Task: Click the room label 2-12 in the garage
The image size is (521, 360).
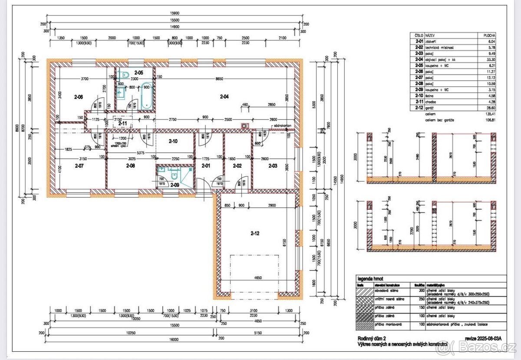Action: point(255,234)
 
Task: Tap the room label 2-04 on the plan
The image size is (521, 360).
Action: point(224,97)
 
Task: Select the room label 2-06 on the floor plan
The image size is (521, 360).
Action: point(79,97)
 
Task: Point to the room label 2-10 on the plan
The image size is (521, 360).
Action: point(173,141)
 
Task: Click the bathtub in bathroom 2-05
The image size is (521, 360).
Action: point(147,95)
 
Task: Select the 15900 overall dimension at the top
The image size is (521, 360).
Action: point(175,13)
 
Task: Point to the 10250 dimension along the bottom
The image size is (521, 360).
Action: point(131,333)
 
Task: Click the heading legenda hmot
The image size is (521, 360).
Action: point(369,278)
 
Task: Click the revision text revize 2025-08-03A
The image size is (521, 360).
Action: point(483,338)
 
